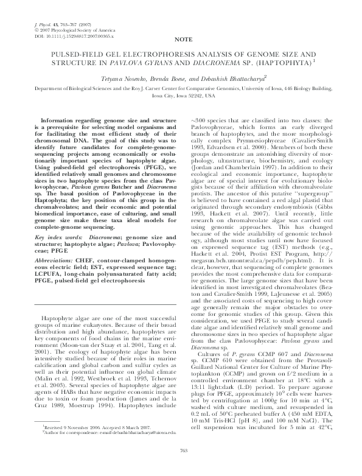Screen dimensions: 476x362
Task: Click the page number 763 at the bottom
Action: coord(181,467)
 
